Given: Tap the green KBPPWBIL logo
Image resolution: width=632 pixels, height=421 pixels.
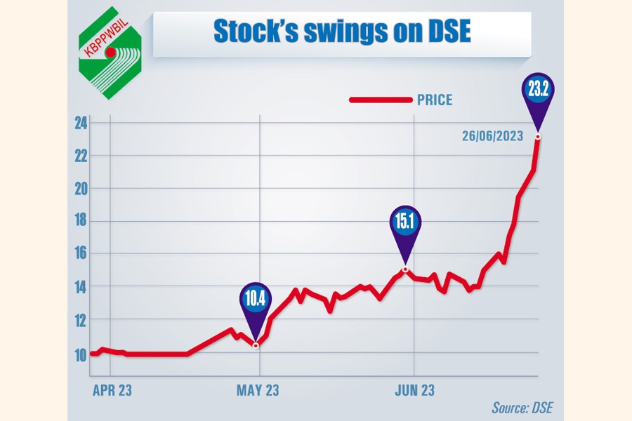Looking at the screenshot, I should [x=110, y=52].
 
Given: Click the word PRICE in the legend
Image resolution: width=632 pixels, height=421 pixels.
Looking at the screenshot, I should [x=435, y=100].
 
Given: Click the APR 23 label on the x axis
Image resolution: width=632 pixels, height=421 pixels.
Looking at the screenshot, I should [x=112, y=390].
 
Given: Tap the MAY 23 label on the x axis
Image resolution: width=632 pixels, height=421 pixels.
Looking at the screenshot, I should [x=258, y=390].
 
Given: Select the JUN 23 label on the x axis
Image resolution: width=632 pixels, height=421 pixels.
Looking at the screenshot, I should [x=414, y=390].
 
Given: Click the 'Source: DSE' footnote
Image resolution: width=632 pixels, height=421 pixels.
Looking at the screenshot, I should [x=523, y=408].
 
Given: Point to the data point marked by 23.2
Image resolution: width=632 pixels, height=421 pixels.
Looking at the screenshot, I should [x=538, y=136].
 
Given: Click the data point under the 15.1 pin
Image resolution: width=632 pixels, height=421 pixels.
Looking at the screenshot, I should [x=405, y=269].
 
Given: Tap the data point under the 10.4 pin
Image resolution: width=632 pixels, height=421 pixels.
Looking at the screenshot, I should [x=256, y=345].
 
